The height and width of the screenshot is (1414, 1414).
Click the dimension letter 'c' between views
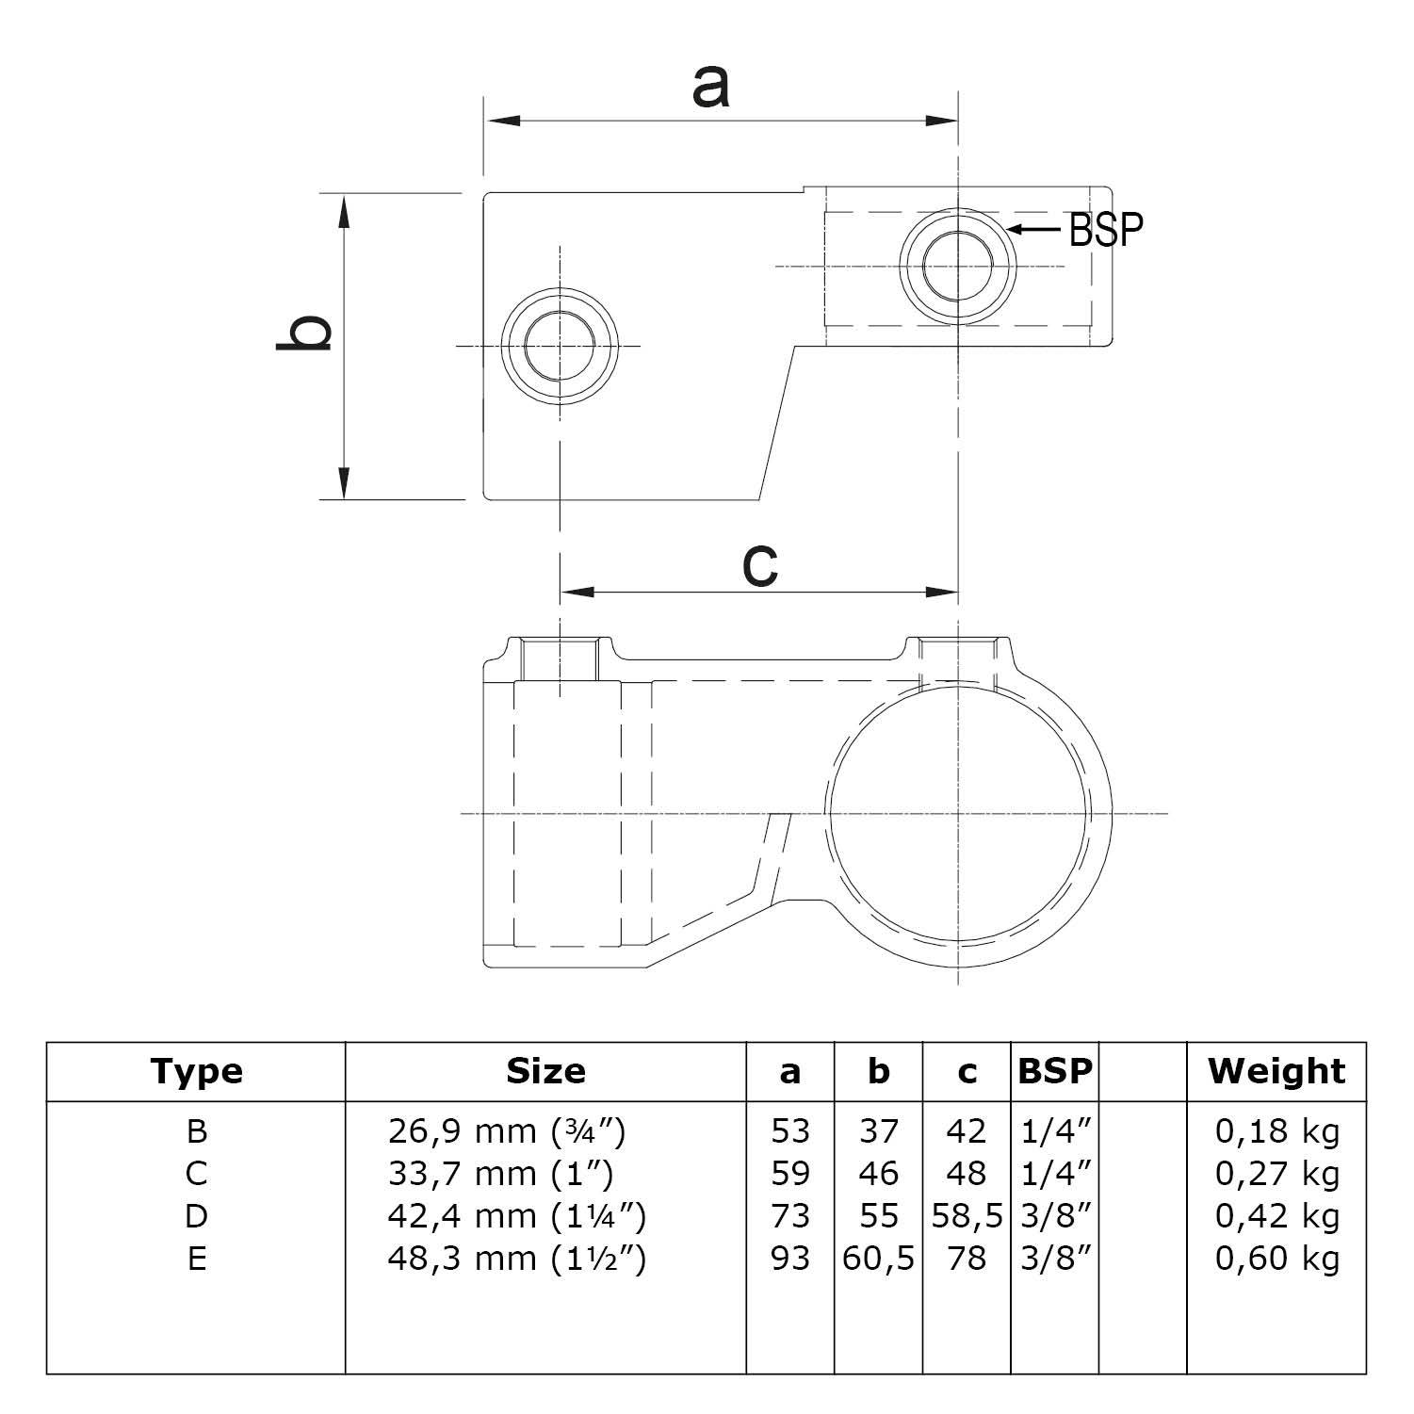point(759,564)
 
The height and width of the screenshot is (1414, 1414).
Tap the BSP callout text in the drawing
point(1106,229)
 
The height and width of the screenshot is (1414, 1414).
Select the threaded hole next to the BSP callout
point(958,267)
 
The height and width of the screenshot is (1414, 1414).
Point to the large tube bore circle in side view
point(958,812)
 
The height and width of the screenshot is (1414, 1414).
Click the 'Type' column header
point(196,1071)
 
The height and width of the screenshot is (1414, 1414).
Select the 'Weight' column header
point(1276,1071)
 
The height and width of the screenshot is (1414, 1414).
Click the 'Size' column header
point(545,1071)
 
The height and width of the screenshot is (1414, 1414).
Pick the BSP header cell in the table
point(1055,1071)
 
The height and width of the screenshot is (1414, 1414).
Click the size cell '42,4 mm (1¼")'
point(516,1216)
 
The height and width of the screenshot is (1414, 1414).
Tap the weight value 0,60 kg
point(1276,1259)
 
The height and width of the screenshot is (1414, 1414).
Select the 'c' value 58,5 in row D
point(967,1216)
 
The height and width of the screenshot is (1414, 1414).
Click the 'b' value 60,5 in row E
point(878,1259)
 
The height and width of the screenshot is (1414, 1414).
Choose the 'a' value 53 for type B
point(789,1130)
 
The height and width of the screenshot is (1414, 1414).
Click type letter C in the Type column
point(196,1174)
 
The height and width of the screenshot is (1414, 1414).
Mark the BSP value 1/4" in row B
point(1055,1130)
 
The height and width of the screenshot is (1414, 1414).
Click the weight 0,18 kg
point(1276,1130)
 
